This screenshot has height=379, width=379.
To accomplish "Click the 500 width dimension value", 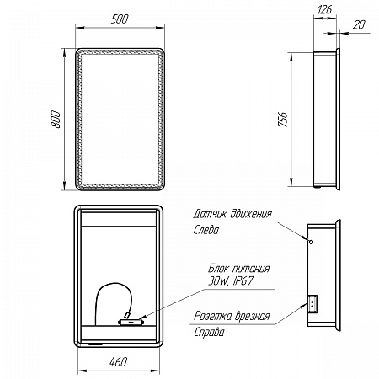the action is point(120,19).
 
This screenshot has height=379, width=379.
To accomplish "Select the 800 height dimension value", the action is point(56,120).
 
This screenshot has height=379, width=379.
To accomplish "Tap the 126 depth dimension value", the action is point(324,9).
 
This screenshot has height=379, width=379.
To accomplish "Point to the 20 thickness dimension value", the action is point(359,24).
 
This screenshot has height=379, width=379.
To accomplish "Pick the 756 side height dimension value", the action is point(283,119).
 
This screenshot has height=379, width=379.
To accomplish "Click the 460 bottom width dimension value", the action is point(118,361).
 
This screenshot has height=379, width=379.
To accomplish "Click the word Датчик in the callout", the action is point(210,214).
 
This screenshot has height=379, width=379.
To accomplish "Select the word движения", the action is point(251,214).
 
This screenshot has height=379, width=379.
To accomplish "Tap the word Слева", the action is point(206,230).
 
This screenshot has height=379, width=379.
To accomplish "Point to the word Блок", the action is point(219,269).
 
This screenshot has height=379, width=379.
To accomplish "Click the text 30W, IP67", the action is point(231,280).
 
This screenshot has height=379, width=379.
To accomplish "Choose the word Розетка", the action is point(212,316).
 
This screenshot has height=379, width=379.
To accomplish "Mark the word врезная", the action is point(252,316).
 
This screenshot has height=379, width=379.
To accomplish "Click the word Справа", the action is point(209,332).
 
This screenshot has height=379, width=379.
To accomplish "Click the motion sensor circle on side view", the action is point(311,242).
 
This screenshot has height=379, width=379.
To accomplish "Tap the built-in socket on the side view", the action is point(312,304).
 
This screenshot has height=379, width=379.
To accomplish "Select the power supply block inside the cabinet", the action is point(131,322).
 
